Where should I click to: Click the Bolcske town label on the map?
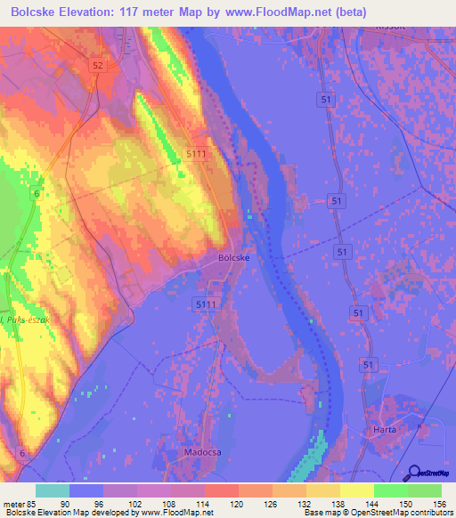point(233,258)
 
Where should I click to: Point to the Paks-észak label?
point(20,319)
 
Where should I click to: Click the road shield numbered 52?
point(97,66)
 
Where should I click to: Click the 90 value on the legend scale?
point(86,502)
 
